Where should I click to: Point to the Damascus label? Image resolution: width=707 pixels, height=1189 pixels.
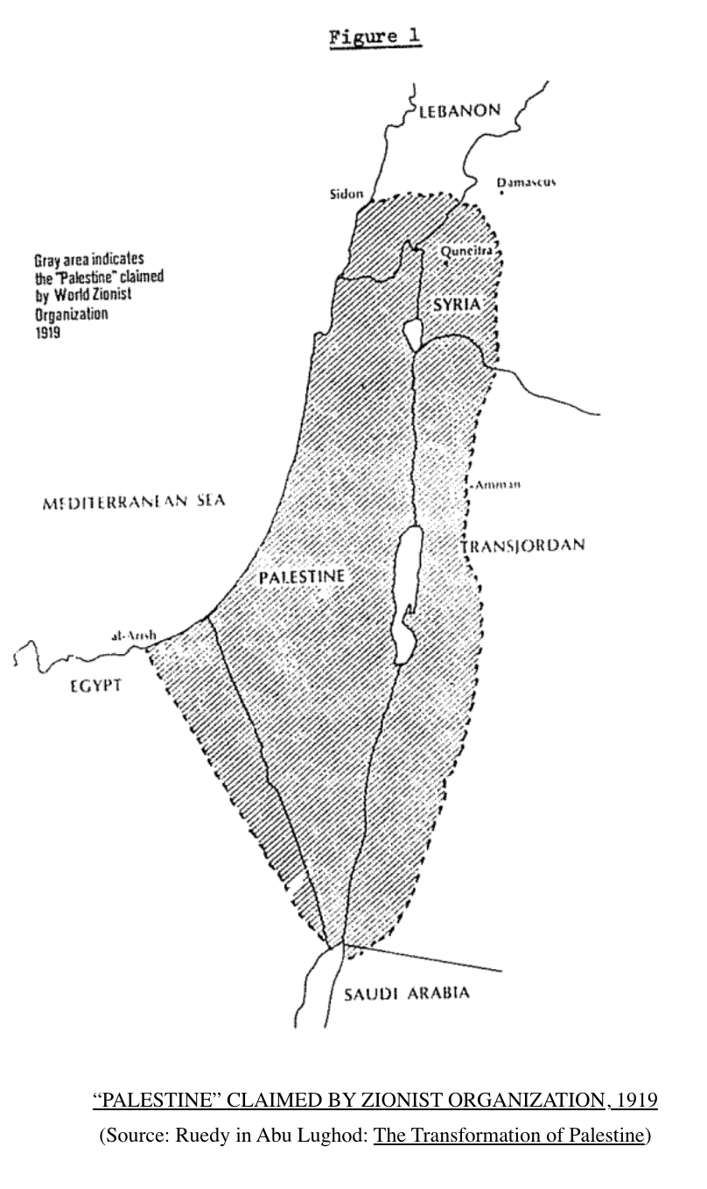526,182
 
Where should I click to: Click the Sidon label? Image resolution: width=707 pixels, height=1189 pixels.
346,193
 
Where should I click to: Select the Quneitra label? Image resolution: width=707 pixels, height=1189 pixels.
469,251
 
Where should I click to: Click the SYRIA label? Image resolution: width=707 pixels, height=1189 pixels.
456,304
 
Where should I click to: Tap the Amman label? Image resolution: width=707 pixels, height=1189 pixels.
497,484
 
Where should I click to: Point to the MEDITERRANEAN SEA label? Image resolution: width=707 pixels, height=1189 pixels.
134,501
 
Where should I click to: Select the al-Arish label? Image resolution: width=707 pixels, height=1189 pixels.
133,636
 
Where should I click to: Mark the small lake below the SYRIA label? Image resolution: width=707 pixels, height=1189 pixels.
412,334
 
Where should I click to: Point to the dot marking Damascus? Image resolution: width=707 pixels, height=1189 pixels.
501,193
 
